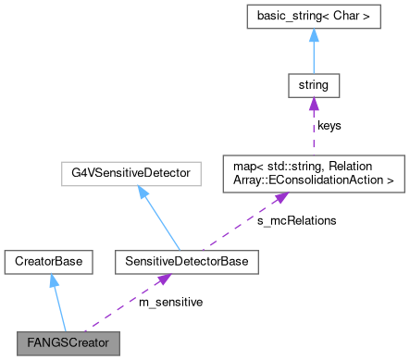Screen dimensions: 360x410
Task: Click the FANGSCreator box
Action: pos(69,341)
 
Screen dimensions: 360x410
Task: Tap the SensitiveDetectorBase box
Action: pos(185,262)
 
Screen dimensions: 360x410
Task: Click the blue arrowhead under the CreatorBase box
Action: pos(53,280)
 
